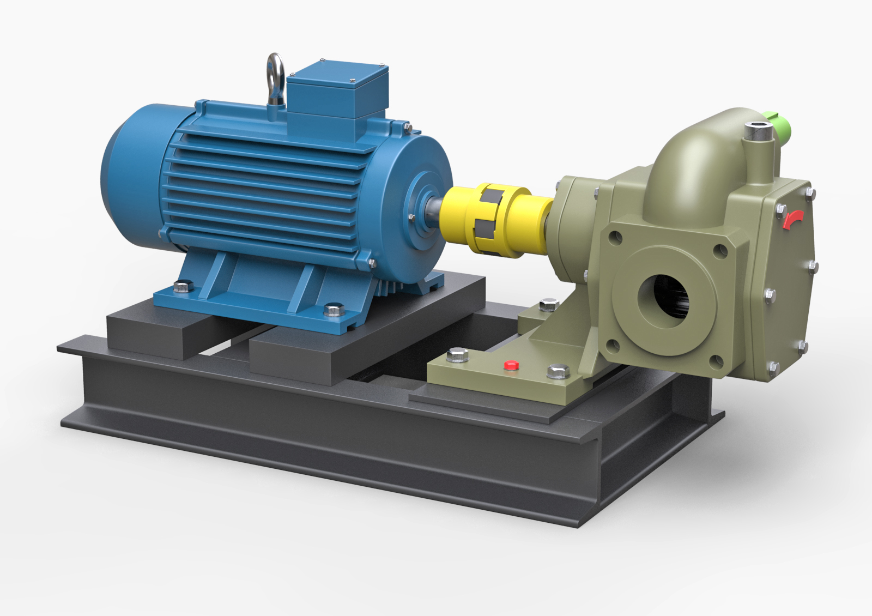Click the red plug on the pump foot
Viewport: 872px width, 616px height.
click(x=511, y=365)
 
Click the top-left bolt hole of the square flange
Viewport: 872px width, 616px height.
click(x=616, y=237)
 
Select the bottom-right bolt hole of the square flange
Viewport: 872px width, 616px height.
click(x=718, y=360)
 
